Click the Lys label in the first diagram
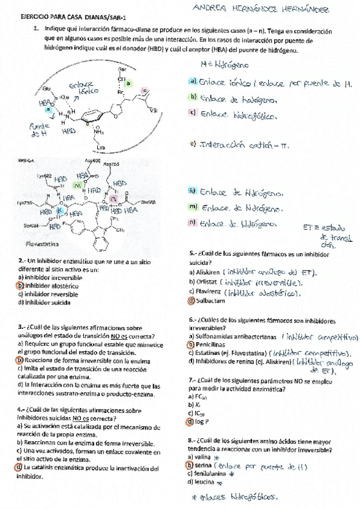[100, 147]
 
